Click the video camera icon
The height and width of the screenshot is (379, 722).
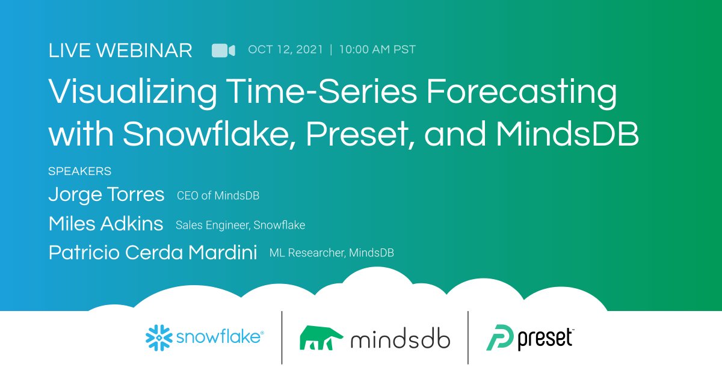pos(223,51)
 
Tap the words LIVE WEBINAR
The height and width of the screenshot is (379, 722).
pos(120,51)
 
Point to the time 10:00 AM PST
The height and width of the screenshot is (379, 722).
pos(377,50)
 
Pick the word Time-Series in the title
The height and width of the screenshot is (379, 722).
pos(307,94)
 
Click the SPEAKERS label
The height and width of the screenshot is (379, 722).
pos(79,171)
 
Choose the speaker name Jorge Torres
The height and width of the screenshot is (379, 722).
pos(106,194)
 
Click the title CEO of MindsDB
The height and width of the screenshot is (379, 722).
pos(218,196)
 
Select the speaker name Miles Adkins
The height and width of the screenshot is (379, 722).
pos(105,224)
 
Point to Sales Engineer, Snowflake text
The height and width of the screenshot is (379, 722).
pos(240,225)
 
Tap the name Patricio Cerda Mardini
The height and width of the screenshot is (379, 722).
pos(152,253)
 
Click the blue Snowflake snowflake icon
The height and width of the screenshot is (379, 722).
pos(158,337)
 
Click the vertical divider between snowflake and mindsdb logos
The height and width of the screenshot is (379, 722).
pos(282,337)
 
